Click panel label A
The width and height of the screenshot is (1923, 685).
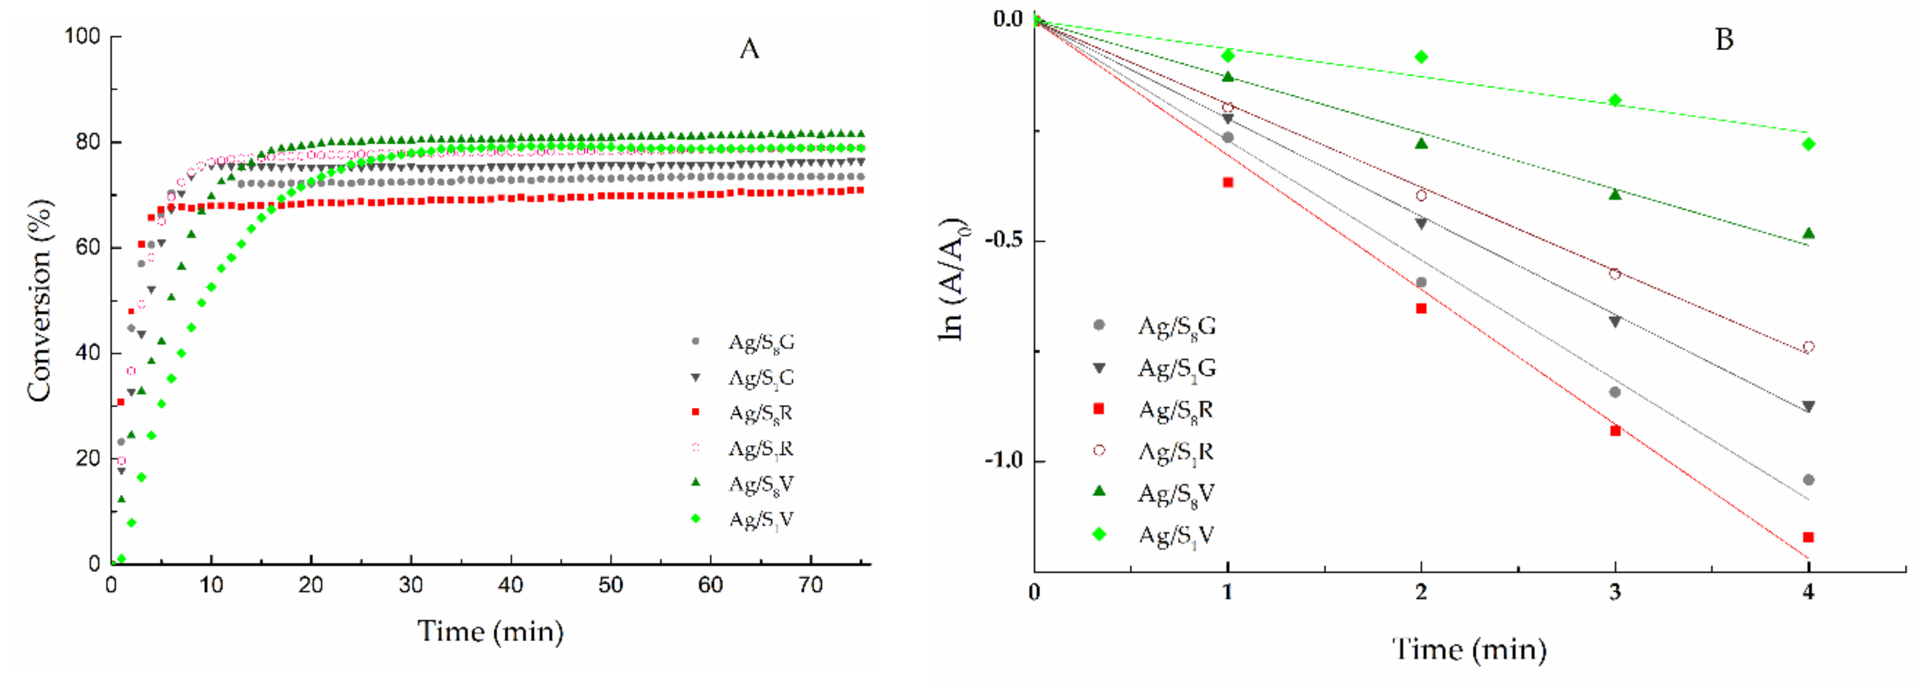point(749,49)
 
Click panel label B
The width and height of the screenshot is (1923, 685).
point(1724,39)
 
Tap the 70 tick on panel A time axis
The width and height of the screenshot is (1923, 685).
point(811,585)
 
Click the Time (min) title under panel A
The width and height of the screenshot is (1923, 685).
point(490,632)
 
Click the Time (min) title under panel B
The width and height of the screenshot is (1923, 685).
point(1468,650)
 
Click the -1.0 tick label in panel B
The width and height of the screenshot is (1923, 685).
point(1003,460)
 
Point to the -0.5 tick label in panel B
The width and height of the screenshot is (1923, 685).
point(1003,240)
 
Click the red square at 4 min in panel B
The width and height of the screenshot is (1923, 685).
point(1808,537)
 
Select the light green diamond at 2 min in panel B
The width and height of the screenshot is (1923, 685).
point(1421,57)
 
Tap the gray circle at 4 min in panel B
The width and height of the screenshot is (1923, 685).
point(1808,480)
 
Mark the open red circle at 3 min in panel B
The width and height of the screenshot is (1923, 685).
point(1615,274)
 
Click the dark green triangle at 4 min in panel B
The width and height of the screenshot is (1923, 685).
point(1808,233)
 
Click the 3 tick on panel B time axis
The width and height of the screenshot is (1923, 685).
point(1615,592)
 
